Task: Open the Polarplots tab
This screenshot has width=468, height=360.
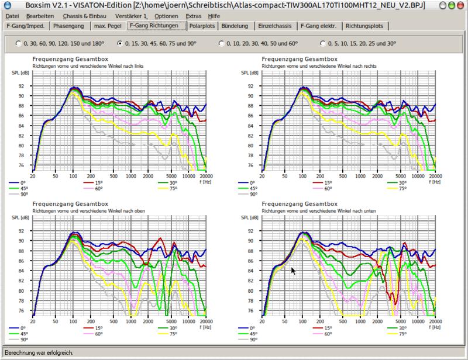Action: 202,26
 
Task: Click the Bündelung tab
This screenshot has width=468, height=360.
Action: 235,26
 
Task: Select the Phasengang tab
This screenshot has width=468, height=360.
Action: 68,26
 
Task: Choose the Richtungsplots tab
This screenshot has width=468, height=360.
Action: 364,26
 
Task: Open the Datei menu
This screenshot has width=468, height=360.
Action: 12,16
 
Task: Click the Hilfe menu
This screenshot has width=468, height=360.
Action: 214,16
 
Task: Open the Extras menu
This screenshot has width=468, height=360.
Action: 194,16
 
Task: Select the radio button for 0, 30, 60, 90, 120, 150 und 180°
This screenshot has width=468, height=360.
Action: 19,44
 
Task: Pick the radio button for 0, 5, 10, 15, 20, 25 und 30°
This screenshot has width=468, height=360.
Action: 323,44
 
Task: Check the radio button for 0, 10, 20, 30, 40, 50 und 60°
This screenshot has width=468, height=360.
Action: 221,44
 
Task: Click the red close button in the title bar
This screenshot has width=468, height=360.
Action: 460,5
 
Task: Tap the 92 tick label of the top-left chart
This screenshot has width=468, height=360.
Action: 21,86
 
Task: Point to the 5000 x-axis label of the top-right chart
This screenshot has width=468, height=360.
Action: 400,176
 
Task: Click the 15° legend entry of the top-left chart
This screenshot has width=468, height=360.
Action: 93,183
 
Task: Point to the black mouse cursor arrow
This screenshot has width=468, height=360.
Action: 293,271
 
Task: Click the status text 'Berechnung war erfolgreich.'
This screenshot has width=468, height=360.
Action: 39,353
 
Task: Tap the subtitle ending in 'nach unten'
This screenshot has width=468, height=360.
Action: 319,211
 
